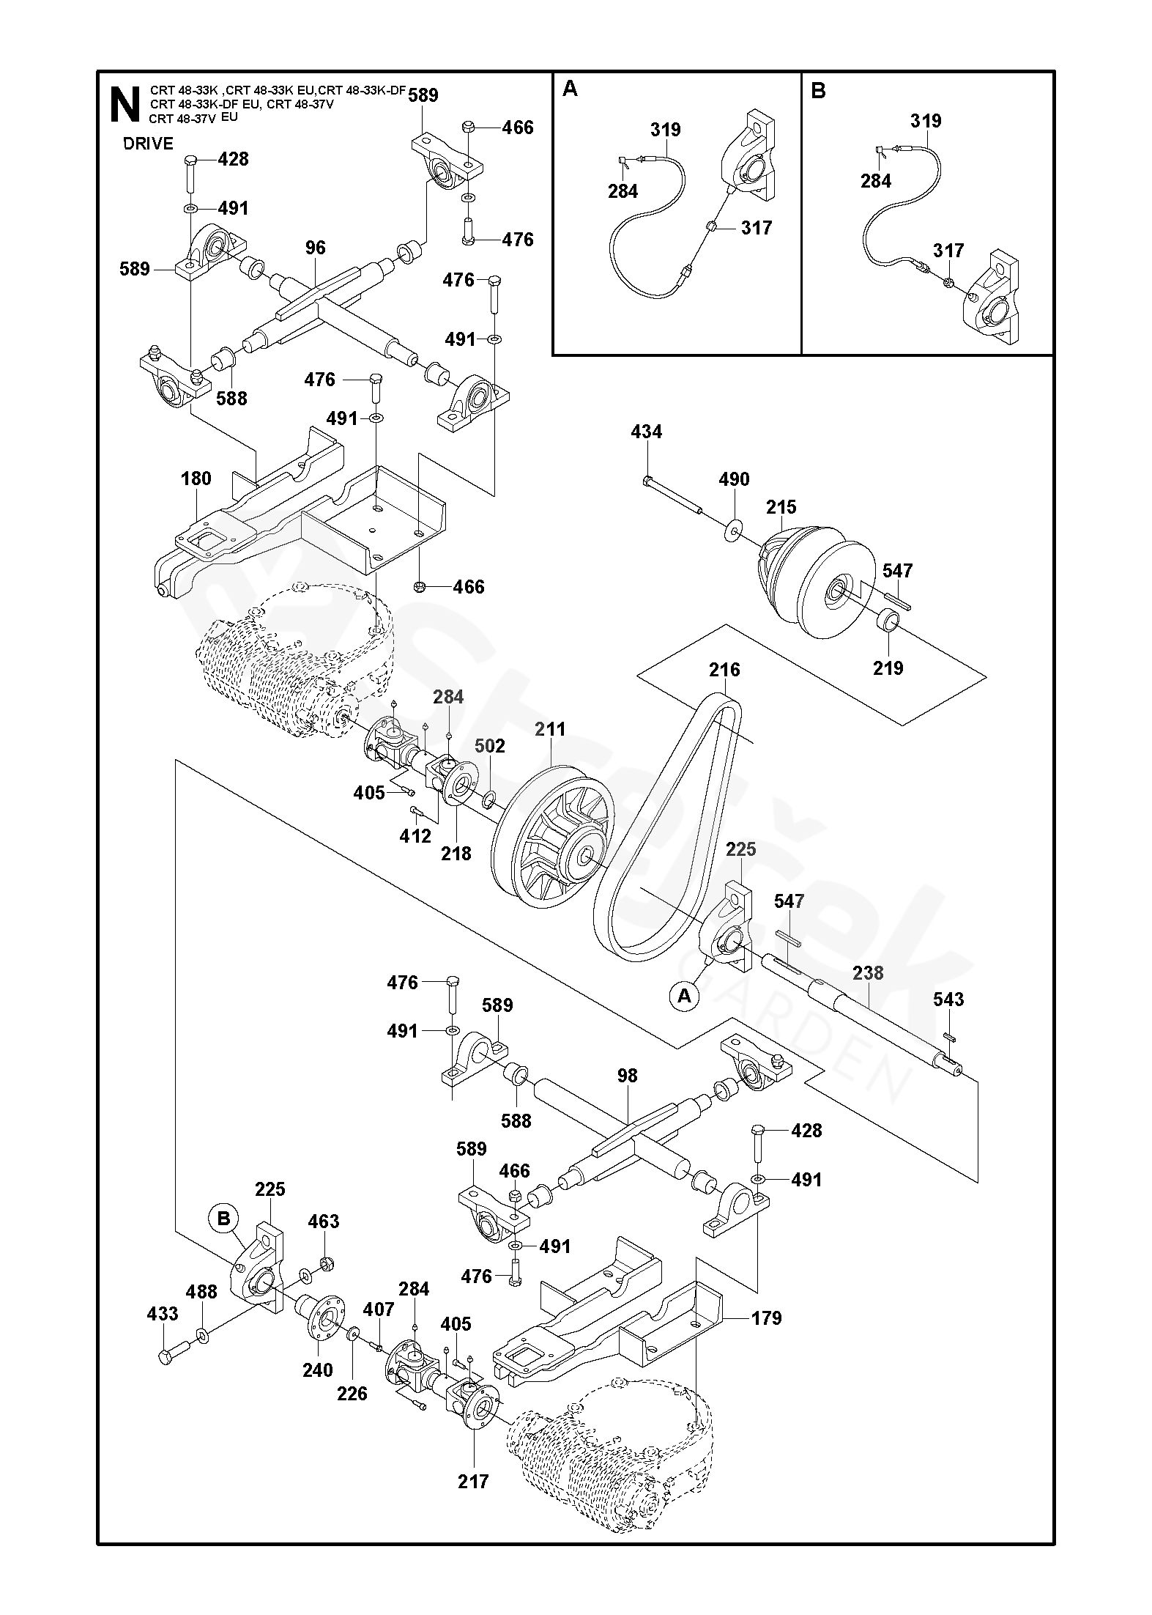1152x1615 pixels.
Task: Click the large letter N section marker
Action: (x=125, y=105)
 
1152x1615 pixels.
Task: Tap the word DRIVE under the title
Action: (x=148, y=144)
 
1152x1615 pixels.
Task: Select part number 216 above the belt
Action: (x=724, y=670)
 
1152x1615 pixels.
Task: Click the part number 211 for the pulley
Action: (x=550, y=729)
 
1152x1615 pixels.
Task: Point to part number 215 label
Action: (x=781, y=507)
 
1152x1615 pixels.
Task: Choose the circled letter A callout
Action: (x=685, y=996)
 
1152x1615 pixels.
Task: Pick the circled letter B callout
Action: (x=224, y=1219)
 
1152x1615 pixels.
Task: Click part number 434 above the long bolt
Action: (x=646, y=432)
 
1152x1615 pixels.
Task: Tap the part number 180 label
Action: (x=196, y=478)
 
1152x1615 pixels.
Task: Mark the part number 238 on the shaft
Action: (x=868, y=973)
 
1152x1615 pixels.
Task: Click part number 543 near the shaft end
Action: (x=948, y=999)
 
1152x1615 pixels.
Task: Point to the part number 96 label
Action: (x=316, y=248)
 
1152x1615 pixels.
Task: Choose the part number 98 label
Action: (x=628, y=1076)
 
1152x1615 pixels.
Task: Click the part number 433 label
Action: (x=163, y=1314)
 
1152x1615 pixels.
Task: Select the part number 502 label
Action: (x=490, y=746)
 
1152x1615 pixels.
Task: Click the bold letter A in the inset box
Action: (x=571, y=89)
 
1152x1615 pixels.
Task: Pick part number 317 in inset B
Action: (x=948, y=251)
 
